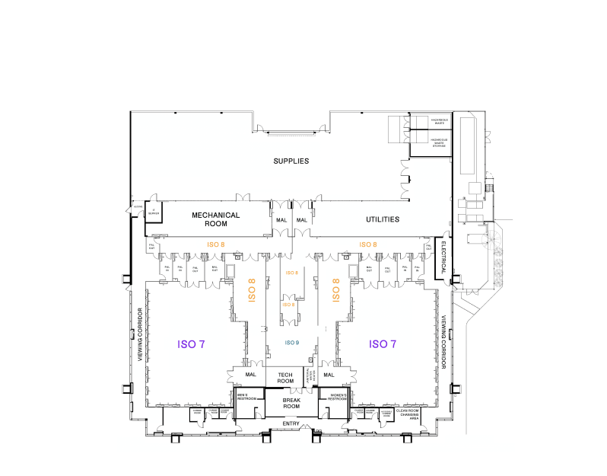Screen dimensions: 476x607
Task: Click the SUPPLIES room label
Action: click(291, 161)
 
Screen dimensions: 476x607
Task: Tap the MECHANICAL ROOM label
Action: click(215, 219)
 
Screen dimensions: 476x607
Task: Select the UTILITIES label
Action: click(383, 219)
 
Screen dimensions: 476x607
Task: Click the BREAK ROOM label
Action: click(291, 403)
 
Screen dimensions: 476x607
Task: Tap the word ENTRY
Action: click(291, 423)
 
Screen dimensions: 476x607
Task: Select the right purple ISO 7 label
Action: click(383, 344)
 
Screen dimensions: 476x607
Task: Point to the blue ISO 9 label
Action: click(292, 343)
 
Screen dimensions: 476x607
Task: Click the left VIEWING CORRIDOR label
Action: click(140, 334)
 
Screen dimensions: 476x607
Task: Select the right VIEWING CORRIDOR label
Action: click(443, 336)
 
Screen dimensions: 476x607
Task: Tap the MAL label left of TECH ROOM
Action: click(251, 375)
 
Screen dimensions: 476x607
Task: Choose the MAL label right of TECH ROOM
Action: click(329, 375)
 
